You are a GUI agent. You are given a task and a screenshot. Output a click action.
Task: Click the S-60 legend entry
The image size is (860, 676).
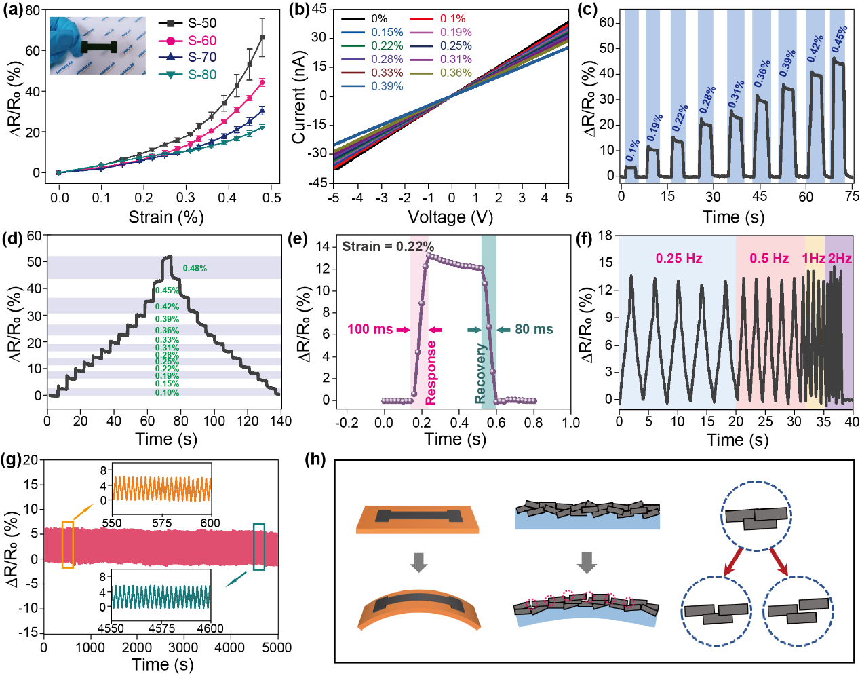coord(201,41)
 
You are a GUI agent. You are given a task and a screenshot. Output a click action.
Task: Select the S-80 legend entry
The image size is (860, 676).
coord(201,75)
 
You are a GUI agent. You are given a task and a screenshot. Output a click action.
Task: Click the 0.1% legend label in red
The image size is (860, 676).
coord(452,19)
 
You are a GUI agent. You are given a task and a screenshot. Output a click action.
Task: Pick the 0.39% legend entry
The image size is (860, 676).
coord(387,86)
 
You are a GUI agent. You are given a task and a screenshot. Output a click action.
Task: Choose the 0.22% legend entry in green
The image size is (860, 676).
coord(387,45)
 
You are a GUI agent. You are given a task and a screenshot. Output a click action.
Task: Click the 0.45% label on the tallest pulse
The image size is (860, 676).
coord(840,40)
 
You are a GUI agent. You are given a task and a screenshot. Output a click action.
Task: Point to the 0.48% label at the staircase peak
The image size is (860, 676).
coord(195,268)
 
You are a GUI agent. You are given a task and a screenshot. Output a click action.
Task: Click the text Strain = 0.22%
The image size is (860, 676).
coord(387,246)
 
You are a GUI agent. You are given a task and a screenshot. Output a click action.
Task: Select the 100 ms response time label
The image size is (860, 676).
coord(370,329)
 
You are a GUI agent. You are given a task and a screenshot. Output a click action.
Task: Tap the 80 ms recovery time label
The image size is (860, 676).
coord(534,329)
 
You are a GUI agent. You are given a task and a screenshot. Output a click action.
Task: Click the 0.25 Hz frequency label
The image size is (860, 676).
coord(678,259)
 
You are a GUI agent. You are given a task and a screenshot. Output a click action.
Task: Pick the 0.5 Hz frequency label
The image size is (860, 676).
coord(769,259)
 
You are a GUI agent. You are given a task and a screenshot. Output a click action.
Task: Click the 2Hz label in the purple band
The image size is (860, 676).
coord(840,259)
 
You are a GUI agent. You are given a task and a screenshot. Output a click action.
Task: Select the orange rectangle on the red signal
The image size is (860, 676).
coord(67,544)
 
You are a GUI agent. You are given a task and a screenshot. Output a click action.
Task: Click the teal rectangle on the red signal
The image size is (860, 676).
coord(258,546)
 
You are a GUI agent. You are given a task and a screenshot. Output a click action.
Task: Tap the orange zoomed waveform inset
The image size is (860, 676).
coord(162,489)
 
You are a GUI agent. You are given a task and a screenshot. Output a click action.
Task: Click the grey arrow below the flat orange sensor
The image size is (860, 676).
coord(418,562)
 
